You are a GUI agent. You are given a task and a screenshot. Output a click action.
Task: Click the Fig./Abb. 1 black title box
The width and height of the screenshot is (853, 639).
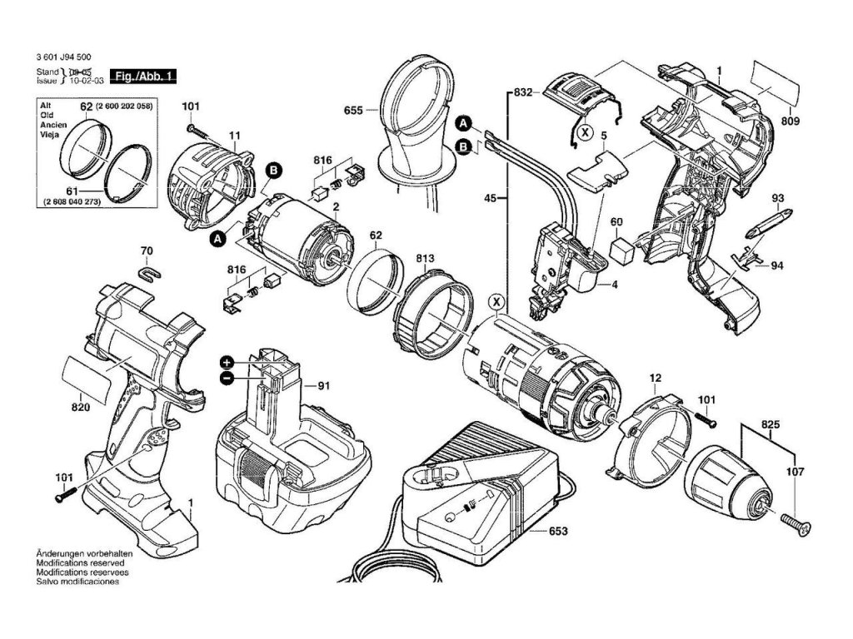(x=143, y=76)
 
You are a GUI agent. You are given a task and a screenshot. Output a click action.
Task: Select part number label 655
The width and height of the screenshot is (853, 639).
(x=353, y=111)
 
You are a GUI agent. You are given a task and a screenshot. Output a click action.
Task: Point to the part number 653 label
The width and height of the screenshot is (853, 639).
(x=557, y=530)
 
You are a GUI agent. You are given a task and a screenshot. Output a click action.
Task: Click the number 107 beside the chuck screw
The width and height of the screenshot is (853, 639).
(x=795, y=473)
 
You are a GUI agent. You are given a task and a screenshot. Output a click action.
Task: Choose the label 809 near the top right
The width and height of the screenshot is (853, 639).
(x=790, y=121)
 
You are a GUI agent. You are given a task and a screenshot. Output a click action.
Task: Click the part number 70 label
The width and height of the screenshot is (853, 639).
(x=147, y=251)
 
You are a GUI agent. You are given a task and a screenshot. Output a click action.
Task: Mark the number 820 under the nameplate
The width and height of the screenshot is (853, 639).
(x=81, y=408)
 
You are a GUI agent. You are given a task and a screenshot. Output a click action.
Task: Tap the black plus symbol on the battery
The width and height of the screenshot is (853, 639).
(x=227, y=363)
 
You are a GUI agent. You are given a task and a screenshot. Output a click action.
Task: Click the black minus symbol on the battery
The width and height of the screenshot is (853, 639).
(x=227, y=378)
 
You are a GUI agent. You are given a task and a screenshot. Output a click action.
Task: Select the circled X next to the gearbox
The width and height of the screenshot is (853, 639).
(x=496, y=301)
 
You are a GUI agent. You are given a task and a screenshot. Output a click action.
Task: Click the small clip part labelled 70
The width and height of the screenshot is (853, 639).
(x=149, y=272)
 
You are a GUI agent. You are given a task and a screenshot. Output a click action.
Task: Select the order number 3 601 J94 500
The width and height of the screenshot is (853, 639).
(x=63, y=57)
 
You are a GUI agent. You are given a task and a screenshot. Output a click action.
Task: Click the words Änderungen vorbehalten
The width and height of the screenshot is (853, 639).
(x=84, y=553)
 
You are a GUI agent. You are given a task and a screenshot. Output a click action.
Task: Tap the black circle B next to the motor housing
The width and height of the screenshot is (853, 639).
(x=273, y=171)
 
